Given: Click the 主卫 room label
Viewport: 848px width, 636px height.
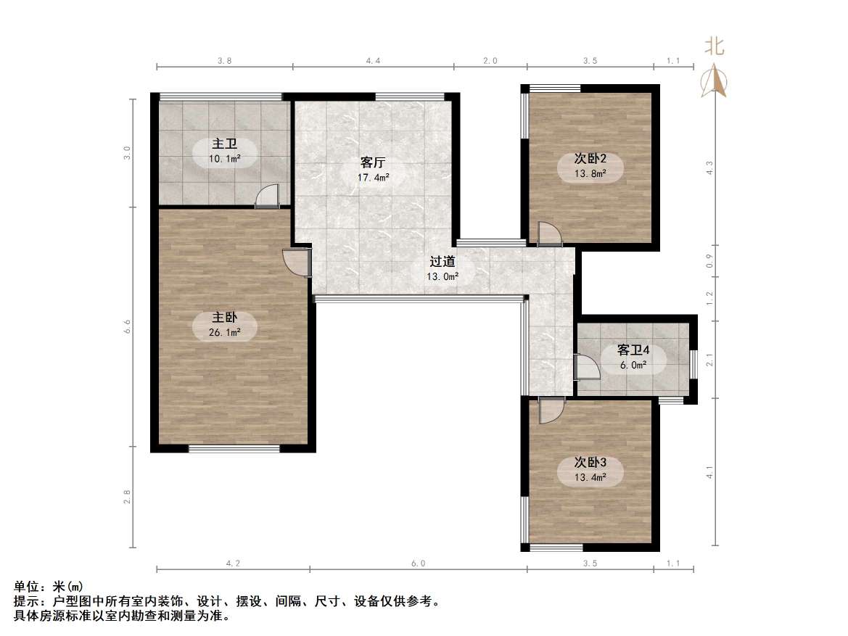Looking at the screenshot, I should point(225,144).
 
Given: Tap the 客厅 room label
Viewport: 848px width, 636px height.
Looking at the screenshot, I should point(373,162).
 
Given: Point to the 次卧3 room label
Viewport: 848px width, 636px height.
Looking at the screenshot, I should point(590,462).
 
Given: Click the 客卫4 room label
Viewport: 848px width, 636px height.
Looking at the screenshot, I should point(633,350).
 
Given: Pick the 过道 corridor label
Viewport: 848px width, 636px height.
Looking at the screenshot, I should point(442,262).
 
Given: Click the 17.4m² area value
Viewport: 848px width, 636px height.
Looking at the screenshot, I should point(373,176).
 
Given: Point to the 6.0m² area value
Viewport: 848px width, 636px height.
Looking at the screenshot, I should point(633,365).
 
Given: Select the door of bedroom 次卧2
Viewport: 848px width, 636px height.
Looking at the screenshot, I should point(548,234).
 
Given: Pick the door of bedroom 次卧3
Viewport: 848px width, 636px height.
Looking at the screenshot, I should point(550,410).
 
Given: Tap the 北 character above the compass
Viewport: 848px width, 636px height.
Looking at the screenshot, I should point(715,47).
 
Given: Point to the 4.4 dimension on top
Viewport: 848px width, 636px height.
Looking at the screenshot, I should point(373,62).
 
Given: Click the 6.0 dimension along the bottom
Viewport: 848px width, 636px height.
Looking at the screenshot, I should point(418,563).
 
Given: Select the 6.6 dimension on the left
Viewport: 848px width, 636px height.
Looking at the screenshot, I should point(127,327).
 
